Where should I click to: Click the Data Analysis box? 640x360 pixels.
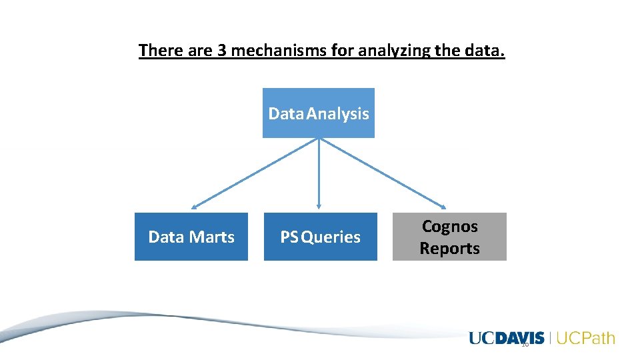point(318,113)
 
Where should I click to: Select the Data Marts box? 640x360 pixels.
point(191,237)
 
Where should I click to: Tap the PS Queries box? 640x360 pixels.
point(320,237)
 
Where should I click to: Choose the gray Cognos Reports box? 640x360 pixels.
point(449,237)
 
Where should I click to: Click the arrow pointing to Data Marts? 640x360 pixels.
point(253,173)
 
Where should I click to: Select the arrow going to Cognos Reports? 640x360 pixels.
point(383,173)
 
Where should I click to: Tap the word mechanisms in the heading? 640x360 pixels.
point(278,51)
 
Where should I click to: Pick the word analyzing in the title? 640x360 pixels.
point(389,51)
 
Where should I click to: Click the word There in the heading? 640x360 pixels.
point(160,51)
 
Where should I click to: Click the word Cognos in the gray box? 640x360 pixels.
point(449,226)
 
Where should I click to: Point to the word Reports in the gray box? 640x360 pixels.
point(449,248)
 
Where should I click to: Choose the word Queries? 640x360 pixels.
point(331,237)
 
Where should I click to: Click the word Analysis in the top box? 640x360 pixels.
point(337,113)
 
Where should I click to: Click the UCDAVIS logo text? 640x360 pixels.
point(507,338)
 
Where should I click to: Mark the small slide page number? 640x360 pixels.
point(525,344)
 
